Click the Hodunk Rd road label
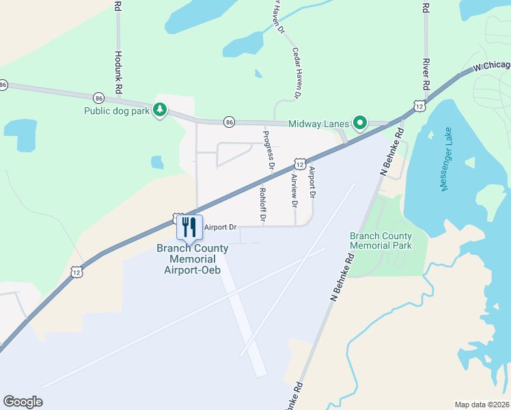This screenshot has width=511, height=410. pos(118,72)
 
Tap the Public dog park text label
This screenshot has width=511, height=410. pos(117,111)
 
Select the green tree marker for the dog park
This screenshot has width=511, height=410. pos(159,109)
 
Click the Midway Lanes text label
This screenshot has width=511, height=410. pos(318,124)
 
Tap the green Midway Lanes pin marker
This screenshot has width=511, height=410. pos(359,123)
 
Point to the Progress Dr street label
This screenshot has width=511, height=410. pos(268,150)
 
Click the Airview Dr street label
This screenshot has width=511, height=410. pos(295,191)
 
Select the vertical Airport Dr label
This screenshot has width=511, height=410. pos(312,182)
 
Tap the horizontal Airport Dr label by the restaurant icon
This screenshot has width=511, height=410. pos(220,227)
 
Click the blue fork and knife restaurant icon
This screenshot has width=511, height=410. pos(189,228)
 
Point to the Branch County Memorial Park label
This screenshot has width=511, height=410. pos(381,240)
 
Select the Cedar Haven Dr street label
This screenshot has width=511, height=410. pos(296,73)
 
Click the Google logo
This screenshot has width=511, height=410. pos(23,402)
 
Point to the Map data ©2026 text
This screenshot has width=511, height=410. pos(482,405)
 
